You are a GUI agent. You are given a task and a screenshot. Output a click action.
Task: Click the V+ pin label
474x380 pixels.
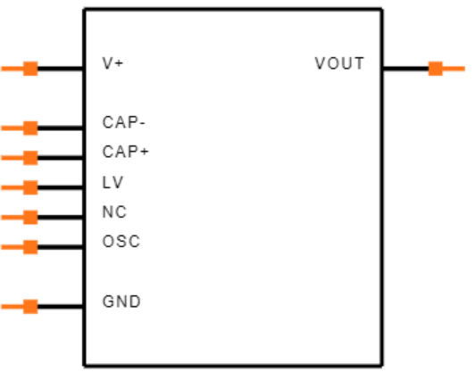[112, 64]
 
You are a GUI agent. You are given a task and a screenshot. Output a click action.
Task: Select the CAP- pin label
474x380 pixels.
[124, 123]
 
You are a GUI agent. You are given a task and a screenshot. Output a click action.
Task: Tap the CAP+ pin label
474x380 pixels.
[126, 153]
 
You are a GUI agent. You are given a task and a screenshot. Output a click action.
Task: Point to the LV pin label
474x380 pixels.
[113, 182]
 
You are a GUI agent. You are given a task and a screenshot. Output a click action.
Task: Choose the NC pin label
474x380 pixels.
[114, 212]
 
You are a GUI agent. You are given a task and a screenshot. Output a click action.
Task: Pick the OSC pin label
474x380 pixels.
[121, 242]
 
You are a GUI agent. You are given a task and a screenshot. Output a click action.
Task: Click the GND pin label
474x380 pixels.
[121, 302]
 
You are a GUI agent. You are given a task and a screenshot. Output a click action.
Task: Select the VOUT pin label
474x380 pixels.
[339, 64]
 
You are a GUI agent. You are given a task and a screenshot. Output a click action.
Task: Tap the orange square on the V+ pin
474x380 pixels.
[30, 69]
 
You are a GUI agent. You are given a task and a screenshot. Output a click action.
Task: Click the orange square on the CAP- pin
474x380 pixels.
[30, 128]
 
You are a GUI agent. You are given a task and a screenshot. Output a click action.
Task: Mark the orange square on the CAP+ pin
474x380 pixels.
[30, 158]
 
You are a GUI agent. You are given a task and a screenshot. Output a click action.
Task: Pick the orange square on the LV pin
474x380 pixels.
[30, 187]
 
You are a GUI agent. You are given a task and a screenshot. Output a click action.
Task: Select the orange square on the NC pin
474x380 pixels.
[30, 217]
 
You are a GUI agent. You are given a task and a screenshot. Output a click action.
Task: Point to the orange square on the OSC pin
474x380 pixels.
[30, 247]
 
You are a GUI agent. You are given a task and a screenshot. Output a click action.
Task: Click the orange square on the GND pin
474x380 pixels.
[30, 307]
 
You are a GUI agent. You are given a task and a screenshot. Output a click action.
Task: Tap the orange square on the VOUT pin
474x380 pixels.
[435, 69]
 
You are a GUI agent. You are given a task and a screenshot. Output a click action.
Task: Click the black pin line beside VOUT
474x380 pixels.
[405, 69]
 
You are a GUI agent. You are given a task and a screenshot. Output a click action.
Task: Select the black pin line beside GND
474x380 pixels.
[61, 307]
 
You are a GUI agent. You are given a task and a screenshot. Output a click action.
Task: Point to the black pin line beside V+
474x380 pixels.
[61, 69]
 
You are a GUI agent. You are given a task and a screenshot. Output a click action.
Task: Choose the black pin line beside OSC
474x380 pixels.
[61, 247]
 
